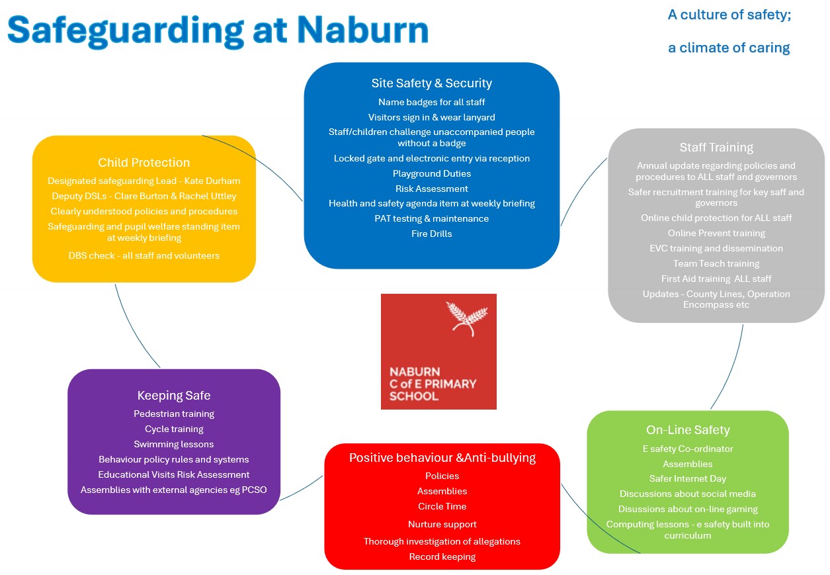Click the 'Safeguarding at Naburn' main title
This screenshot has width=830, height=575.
pyautogui.click(x=218, y=30)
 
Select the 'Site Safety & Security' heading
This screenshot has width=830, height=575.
pyautogui.click(x=431, y=83)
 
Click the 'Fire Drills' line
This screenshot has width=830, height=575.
pyautogui.click(x=431, y=234)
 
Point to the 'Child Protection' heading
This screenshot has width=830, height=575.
pyautogui.click(x=144, y=163)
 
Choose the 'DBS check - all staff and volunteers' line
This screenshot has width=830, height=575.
pyautogui.click(x=144, y=255)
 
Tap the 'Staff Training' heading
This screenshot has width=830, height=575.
pyautogui.click(x=716, y=148)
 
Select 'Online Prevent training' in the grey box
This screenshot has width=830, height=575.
pyautogui.click(x=716, y=233)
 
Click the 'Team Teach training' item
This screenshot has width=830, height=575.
pyautogui.click(x=716, y=263)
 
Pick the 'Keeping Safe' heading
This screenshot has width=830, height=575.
pyautogui.click(x=173, y=396)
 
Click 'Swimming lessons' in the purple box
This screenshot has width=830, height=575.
pyautogui.click(x=173, y=444)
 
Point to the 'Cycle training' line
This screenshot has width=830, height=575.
pyautogui.click(x=173, y=429)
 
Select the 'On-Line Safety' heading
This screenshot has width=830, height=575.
pyautogui.click(x=687, y=430)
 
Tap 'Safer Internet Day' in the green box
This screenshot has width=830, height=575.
pyautogui.click(x=687, y=478)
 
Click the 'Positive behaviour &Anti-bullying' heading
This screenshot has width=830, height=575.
pyautogui.click(x=442, y=458)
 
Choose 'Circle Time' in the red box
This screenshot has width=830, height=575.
pyautogui.click(x=442, y=506)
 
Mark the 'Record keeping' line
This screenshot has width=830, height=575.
pyautogui.click(x=442, y=556)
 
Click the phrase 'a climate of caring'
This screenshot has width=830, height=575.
pyautogui.click(x=728, y=48)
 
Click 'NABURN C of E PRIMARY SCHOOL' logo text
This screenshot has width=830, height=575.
pyautogui.click(x=433, y=384)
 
